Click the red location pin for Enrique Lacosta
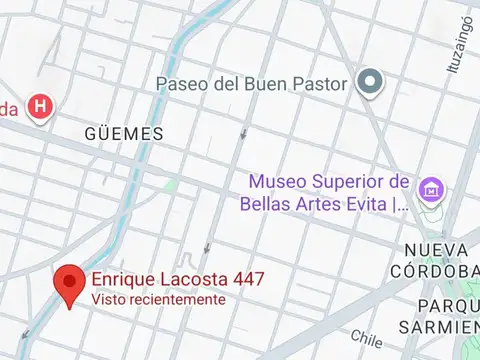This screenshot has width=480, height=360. [68, 283]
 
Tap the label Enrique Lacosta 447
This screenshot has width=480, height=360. [178, 280]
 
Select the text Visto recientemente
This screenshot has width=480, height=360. [158, 299]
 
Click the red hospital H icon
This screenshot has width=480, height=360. [39, 107]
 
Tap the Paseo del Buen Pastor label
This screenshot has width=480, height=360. [251, 84]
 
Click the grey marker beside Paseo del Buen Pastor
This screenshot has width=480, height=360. [370, 82]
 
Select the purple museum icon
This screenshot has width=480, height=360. [432, 188]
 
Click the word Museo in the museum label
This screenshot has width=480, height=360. [277, 183]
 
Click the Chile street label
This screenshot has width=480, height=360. [366, 337]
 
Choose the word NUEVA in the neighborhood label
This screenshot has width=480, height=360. [437, 249]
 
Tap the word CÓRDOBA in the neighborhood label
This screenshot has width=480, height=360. [439, 271]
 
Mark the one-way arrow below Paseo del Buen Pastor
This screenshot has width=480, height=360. [243, 131]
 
